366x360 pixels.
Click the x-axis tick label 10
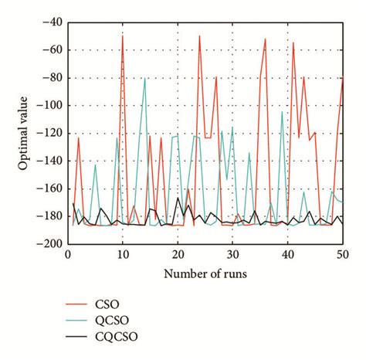coord(123,253)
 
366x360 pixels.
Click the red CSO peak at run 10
coord(123,36)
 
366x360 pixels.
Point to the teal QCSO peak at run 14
coord(144,78)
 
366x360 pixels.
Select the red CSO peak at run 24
coord(199,36)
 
